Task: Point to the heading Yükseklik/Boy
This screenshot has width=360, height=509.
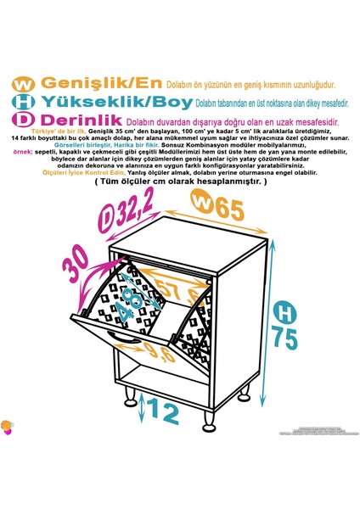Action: click(x=111, y=103)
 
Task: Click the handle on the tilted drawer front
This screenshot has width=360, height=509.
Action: click(x=126, y=343)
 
